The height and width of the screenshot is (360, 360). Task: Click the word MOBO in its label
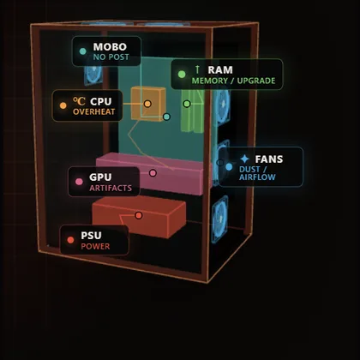pyautogui.click(x=110, y=47)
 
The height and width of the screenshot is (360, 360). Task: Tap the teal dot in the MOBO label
pyautogui.click(x=82, y=51)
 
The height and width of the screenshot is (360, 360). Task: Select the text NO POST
pyautogui.click(x=111, y=57)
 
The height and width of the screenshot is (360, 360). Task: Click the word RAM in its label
pyautogui.click(x=220, y=70)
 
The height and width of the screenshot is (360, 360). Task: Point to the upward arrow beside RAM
pyautogui.click(x=197, y=69)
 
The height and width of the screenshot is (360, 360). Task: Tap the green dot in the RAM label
pyautogui.click(x=182, y=75)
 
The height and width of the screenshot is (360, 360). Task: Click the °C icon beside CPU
pyautogui.click(x=79, y=101)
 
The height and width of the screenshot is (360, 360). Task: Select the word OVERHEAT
pyautogui.click(x=94, y=111)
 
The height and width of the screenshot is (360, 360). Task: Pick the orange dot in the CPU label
pyautogui.click(x=63, y=105)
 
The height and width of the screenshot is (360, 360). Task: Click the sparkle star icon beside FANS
pyautogui.click(x=244, y=159)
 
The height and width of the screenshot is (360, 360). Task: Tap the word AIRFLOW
pyautogui.click(x=257, y=177)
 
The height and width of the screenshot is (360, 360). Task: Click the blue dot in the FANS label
pyautogui.click(x=229, y=167)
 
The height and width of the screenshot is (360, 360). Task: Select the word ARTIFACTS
pyautogui.click(x=111, y=188)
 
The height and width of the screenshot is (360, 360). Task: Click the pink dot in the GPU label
pyautogui.click(x=79, y=182)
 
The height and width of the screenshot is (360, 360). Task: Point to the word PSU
pyautogui.click(x=91, y=236)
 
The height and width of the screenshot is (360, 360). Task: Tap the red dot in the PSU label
pyautogui.click(x=70, y=240)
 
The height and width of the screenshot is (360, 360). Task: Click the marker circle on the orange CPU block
pyautogui.click(x=147, y=104)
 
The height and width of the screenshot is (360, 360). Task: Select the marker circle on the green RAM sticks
pyautogui.click(x=187, y=104)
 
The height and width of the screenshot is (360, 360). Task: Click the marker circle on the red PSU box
pyautogui.click(x=139, y=215)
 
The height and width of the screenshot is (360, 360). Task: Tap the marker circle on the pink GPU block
pyautogui.click(x=153, y=173)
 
